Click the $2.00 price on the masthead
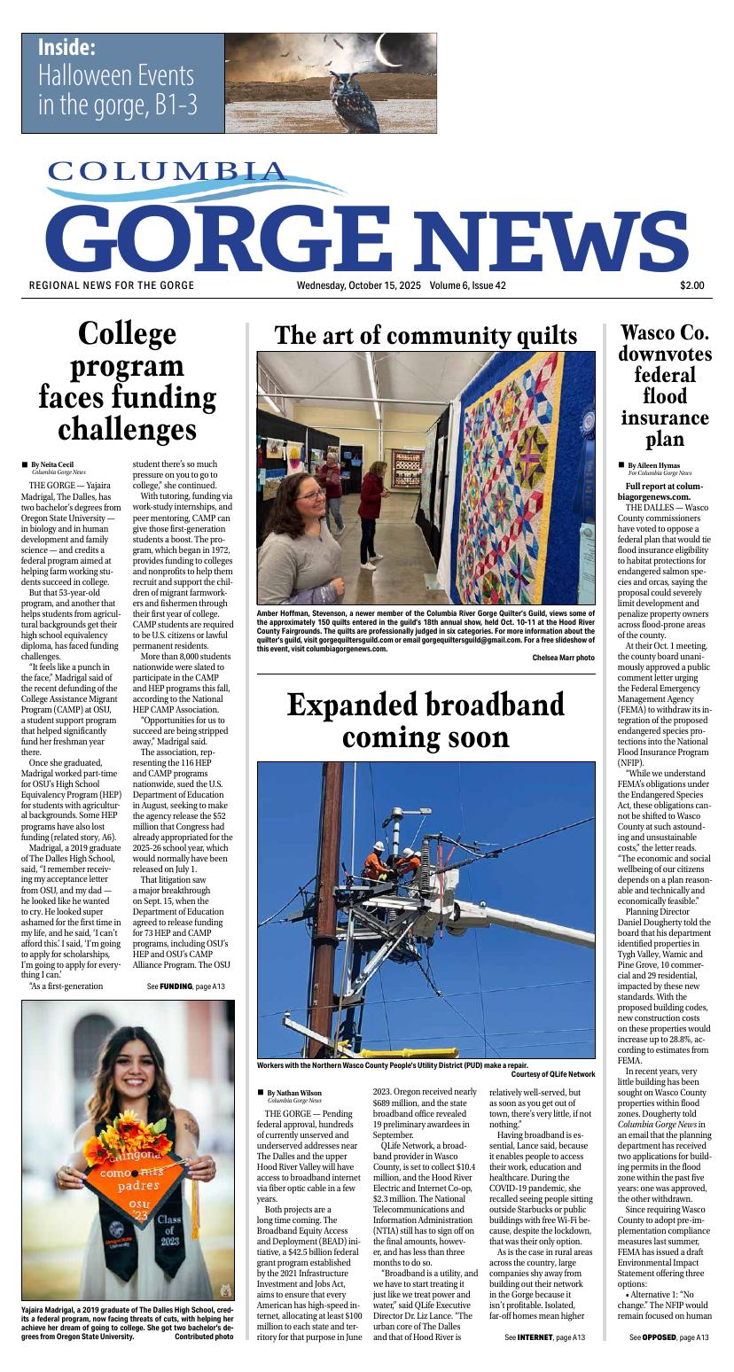pos(692,285)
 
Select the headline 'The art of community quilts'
pos(426,336)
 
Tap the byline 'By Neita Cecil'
pos(52,464)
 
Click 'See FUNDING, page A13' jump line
pos(186,986)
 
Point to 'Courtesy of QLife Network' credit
pos(553,1075)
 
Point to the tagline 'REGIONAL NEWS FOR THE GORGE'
pos(112,285)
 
